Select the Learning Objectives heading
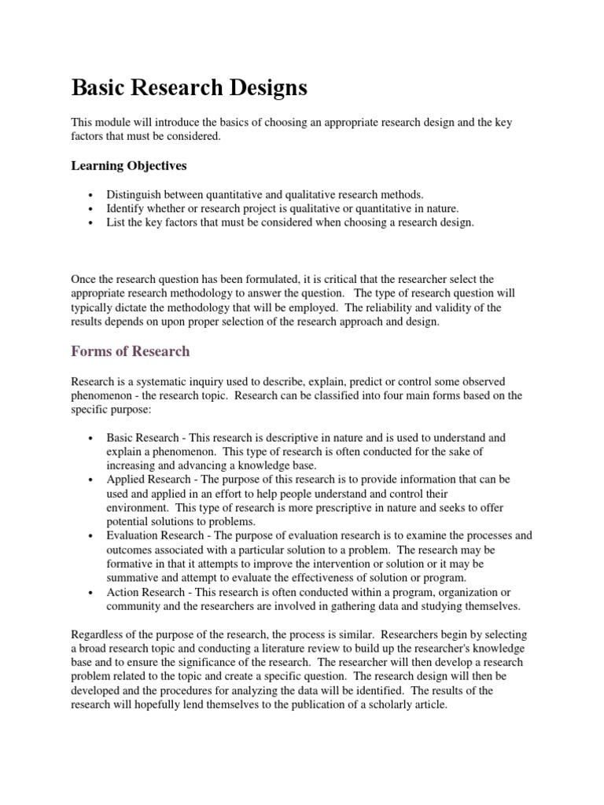(x=130, y=166)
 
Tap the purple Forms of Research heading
(x=131, y=351)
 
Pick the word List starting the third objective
(x=116, y=222)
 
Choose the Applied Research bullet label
(x=149, y=479)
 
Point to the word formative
(x=131, y=564)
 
